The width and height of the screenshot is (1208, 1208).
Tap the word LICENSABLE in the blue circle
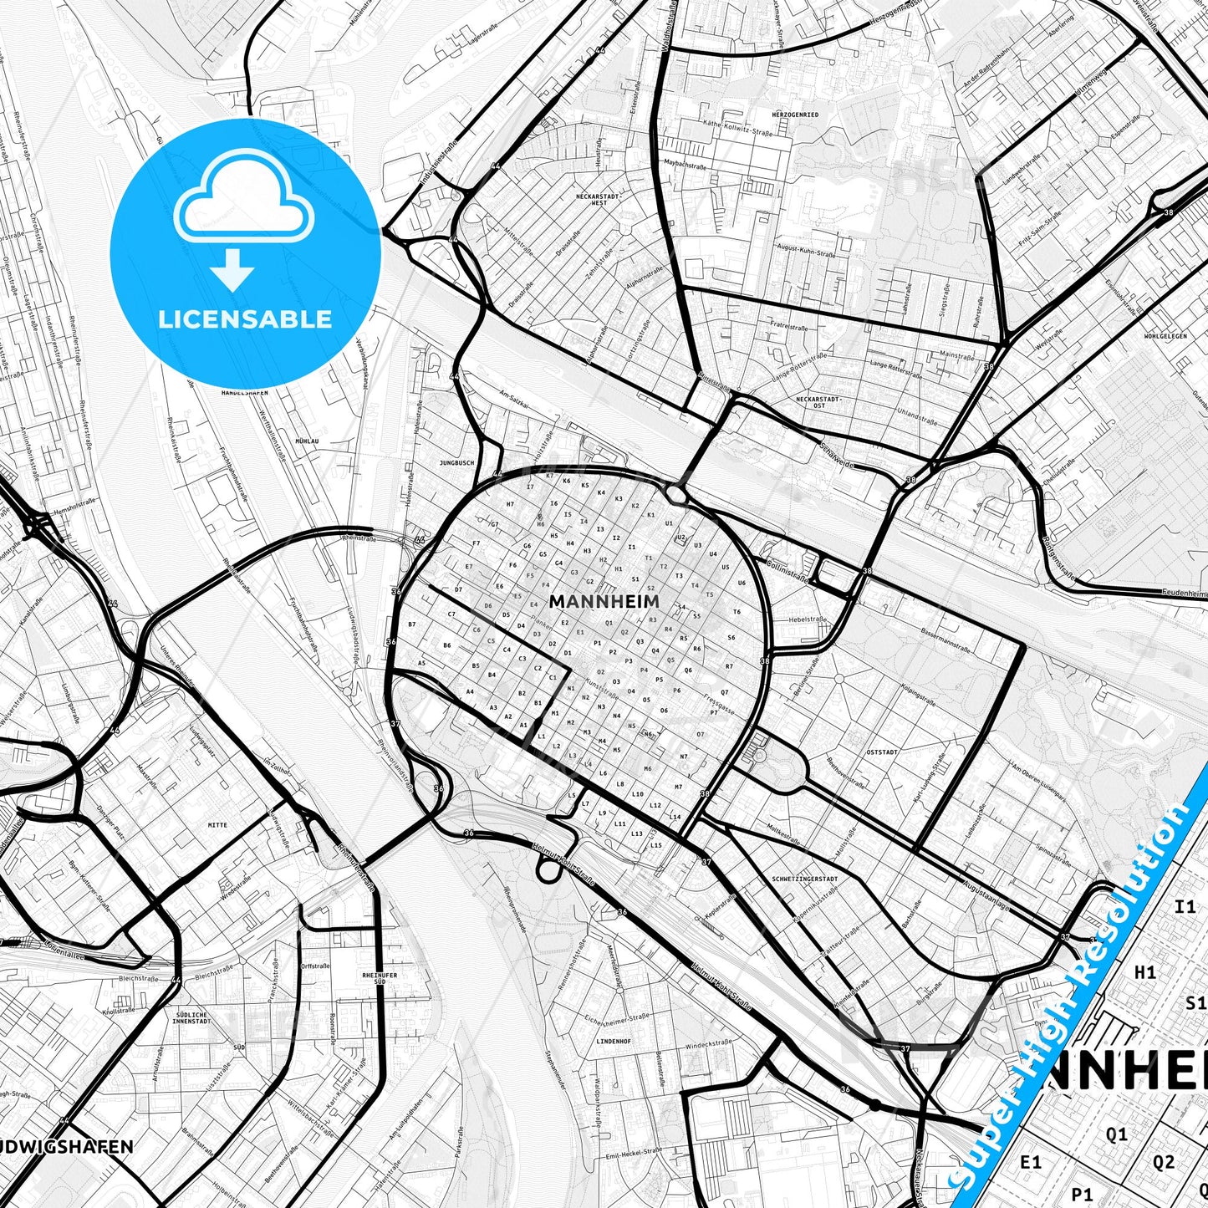(245, 319)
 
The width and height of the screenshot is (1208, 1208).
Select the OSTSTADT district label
(883, 752)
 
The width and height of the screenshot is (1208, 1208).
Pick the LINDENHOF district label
(614, 1042)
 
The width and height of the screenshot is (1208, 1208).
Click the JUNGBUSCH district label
(456, 462)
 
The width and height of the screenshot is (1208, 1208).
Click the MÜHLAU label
(307, 441)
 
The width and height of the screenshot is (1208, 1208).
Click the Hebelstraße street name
(808, 619)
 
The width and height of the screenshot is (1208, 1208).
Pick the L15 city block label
(656, 845)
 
